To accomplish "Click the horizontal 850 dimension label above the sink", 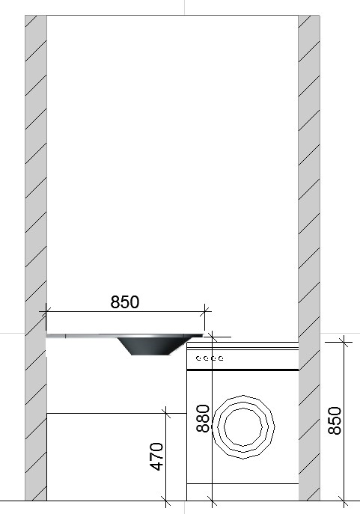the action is pos(125,302).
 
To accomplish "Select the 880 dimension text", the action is pos(203,418).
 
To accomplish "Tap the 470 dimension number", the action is pos(156,456).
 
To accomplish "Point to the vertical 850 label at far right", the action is pos(335,420).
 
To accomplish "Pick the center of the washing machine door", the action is pos(243,426).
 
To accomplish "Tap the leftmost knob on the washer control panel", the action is pos(198,358).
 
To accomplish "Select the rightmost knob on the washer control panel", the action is pos(221,358).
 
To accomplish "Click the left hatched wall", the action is pos(36,257).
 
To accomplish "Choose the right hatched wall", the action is pos(309,257).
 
